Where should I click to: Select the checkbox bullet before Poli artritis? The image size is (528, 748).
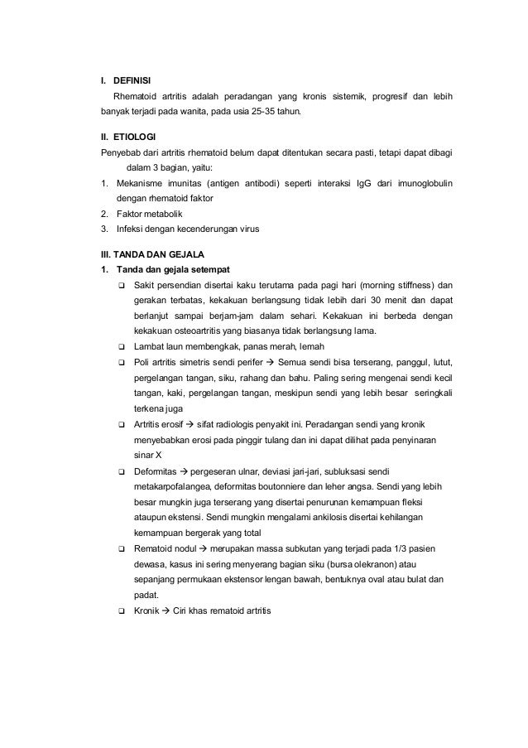coord(122,362)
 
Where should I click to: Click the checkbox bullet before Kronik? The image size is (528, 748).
coord(122,610)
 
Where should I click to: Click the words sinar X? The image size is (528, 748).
coord(148,455)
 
